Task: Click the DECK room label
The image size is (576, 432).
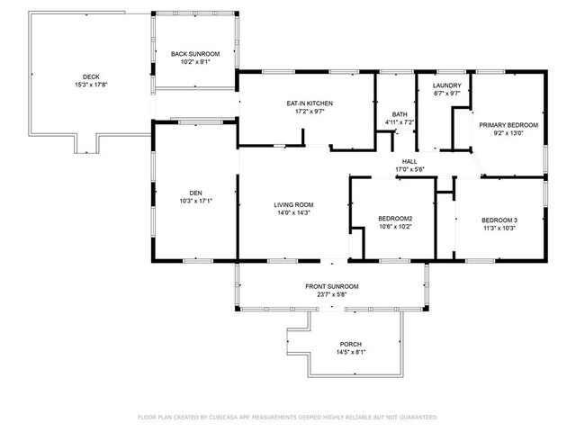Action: [91, 76]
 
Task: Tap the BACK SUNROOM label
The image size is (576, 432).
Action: [195, 54]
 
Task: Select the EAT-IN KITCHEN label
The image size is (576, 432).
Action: [310, 103]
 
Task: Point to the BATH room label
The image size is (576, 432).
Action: [400, 114]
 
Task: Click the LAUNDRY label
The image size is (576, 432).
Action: [446, 85]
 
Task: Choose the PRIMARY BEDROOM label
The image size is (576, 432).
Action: [508, 125]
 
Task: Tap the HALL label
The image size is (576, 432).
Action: [409, 161]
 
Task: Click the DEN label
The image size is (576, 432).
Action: [196, 193]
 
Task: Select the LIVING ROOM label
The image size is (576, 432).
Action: [293, 204]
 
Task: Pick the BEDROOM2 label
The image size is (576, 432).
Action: [395, 219]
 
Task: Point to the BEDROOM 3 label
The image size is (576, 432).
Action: [499, 220]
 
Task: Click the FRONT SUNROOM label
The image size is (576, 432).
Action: [332, 286]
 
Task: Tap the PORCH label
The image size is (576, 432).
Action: [350, 344]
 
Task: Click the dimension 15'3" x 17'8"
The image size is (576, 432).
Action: [91, 85]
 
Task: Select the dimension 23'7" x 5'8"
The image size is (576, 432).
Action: [332, 294]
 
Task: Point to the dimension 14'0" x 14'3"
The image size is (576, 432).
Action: [293, 212]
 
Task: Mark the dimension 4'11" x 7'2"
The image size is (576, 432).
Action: [400, 122]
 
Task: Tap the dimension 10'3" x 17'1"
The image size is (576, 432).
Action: [196, 201]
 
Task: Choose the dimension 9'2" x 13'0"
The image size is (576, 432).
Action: [508, 133]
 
